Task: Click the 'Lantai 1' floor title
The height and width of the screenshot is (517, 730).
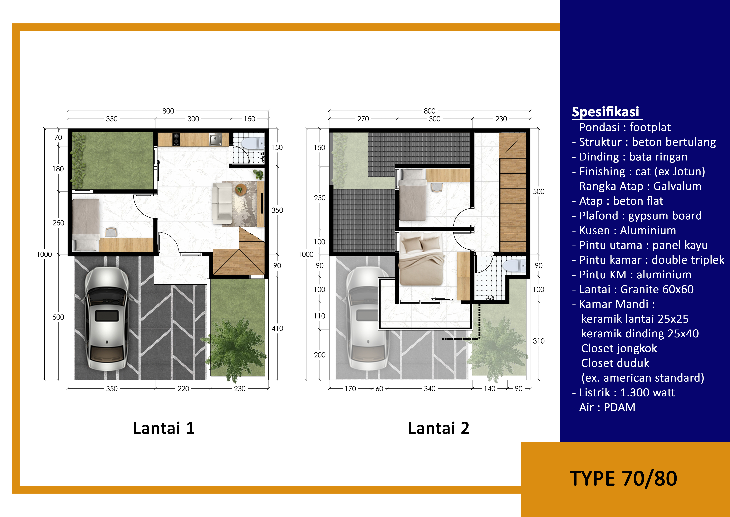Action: (x=164, y=428)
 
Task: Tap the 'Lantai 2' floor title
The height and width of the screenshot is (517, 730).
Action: (x=439, y=428)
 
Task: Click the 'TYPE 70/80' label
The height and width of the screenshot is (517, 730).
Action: (x=623, y=479)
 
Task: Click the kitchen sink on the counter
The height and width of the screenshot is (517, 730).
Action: (x=215, y=139)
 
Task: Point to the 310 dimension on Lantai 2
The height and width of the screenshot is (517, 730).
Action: (x=539, y=341)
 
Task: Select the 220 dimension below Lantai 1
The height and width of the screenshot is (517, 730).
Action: (x=183, y=389)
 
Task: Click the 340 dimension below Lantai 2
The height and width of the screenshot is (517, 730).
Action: (x=430, y=389)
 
